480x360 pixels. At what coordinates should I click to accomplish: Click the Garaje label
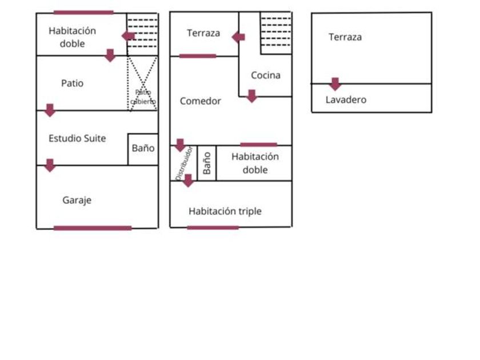click(77, 201)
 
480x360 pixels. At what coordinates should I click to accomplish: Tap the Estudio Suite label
click(77, 138)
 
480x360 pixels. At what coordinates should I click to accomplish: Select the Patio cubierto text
click(143, 97)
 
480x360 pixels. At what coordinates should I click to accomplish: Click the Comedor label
click(200, 101)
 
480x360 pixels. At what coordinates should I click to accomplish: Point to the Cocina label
click(266, 75)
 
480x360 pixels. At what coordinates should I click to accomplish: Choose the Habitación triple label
click(225, 211)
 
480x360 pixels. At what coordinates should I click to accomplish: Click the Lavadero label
click(346, 100)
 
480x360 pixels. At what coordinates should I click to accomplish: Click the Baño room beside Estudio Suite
click(143, 149)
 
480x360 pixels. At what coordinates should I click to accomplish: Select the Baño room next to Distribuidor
click(207, 163)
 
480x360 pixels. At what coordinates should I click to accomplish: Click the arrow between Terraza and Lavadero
click(335, 84)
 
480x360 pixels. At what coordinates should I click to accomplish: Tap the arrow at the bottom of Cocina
click(251, 96)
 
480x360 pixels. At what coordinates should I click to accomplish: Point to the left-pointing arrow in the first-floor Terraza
click(238, 37)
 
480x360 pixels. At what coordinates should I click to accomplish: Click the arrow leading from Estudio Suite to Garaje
click(50, 165)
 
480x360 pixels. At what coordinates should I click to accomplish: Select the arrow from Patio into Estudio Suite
click(50, 110)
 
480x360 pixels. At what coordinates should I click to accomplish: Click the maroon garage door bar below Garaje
click(93, 228)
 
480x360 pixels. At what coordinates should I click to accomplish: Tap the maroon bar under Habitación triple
click(213, 228)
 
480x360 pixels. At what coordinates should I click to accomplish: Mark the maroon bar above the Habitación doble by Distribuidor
click(258, 145)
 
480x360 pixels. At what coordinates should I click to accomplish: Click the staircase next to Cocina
click(276, 33)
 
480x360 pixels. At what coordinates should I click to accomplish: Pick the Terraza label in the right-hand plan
click(345, 37)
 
